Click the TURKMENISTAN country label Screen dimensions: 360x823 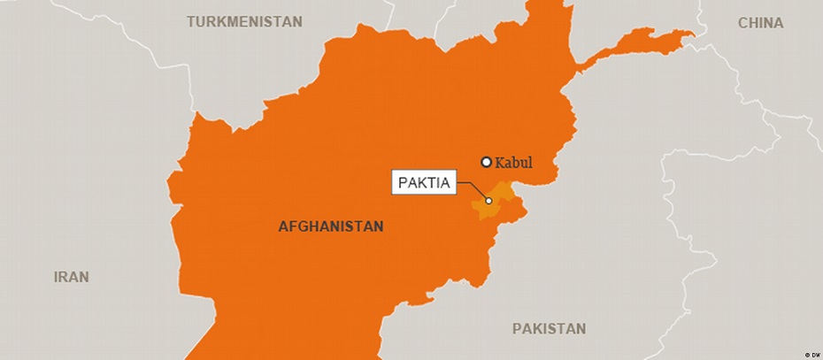244,21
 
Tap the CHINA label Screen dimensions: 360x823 761,23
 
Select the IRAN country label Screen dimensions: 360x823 72,277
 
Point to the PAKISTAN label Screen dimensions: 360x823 549,329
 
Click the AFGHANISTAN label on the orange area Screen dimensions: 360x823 331,226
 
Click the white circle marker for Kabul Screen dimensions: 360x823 486,162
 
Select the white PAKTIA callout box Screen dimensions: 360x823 423,183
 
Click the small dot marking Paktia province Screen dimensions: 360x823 488,201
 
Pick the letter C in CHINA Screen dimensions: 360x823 743,23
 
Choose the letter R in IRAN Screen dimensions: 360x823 64,277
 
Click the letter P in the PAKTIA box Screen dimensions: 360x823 403,183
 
